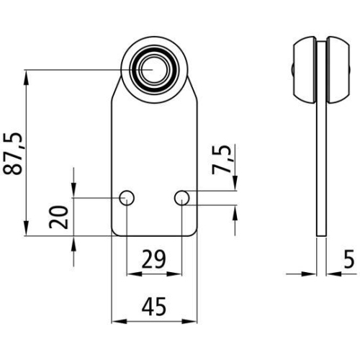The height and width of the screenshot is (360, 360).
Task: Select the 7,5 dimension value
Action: (x=223, y=160)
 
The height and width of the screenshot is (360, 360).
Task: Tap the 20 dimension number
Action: (x=61, y=216)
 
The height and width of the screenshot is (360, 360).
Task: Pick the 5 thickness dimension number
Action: (x=348, y=258)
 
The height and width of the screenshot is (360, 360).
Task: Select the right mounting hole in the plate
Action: (x=181, y=197)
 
